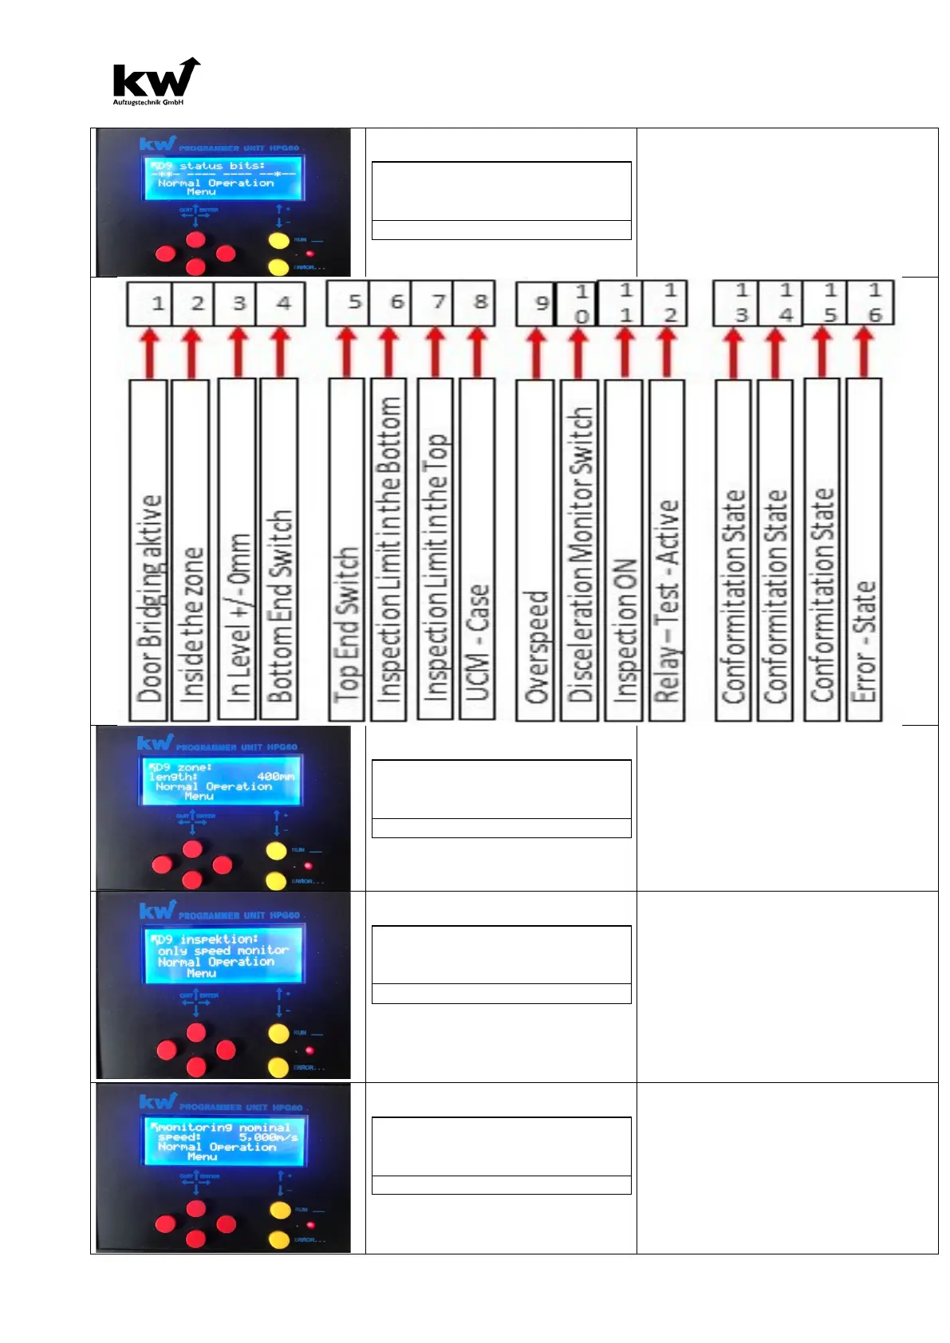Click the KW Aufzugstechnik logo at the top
coord(156,81)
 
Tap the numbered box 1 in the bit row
coord(149,303)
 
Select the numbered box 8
coord(475,303)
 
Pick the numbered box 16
coord(870,303)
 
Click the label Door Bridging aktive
coord(149,550)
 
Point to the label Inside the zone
coord(191,550)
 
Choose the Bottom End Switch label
coord(280,550)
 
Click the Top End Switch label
coord(347,550)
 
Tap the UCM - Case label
coord(478,550)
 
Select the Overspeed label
coord(536,550)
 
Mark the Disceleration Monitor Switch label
coord(580,550)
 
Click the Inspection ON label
coord(624,550)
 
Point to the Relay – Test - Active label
coord(667,550)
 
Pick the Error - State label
coord(864,550)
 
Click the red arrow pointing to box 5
coord(347,352)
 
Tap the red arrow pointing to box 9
coord(536,352)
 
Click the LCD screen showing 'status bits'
coord(223,179)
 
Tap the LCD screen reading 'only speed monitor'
coord(223,955)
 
